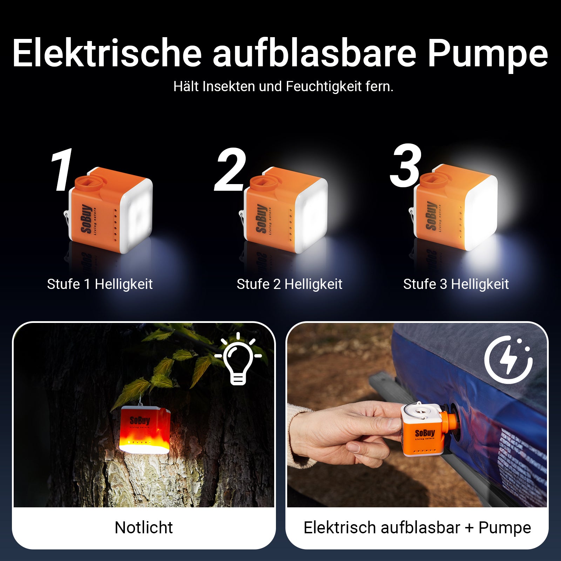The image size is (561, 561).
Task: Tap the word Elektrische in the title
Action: [107, 53]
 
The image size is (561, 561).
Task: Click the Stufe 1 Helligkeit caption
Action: [100, 284]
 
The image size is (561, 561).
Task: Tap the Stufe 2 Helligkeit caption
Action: [289, 284]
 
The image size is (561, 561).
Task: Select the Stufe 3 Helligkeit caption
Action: [456, 284]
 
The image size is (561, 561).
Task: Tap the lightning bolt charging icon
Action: [508, 359]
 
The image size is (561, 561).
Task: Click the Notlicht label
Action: [144, 528]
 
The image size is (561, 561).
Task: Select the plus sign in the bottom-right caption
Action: [469, 528]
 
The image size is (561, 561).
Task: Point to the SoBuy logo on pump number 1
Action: [87, 219]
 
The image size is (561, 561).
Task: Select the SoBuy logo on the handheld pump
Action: [425, 433]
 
